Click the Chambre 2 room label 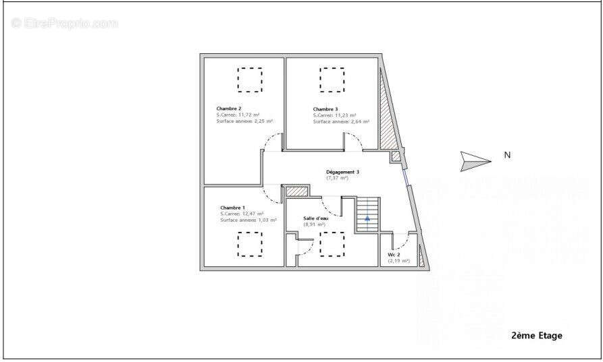point(229,109)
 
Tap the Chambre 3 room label point(325,109)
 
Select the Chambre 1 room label point(232,208)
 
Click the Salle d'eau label point(317,218)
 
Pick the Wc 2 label point(394,255)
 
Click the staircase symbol point(367,214)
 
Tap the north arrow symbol point(475,160)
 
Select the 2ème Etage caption point(537,335)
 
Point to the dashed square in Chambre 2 point(250,80)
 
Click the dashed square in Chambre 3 point(332,80)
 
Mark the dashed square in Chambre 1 point(250,244)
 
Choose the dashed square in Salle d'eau point(332,244)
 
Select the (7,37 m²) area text point(337,178)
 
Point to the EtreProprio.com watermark point(65,23)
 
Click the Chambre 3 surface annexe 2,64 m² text point(340,121)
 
